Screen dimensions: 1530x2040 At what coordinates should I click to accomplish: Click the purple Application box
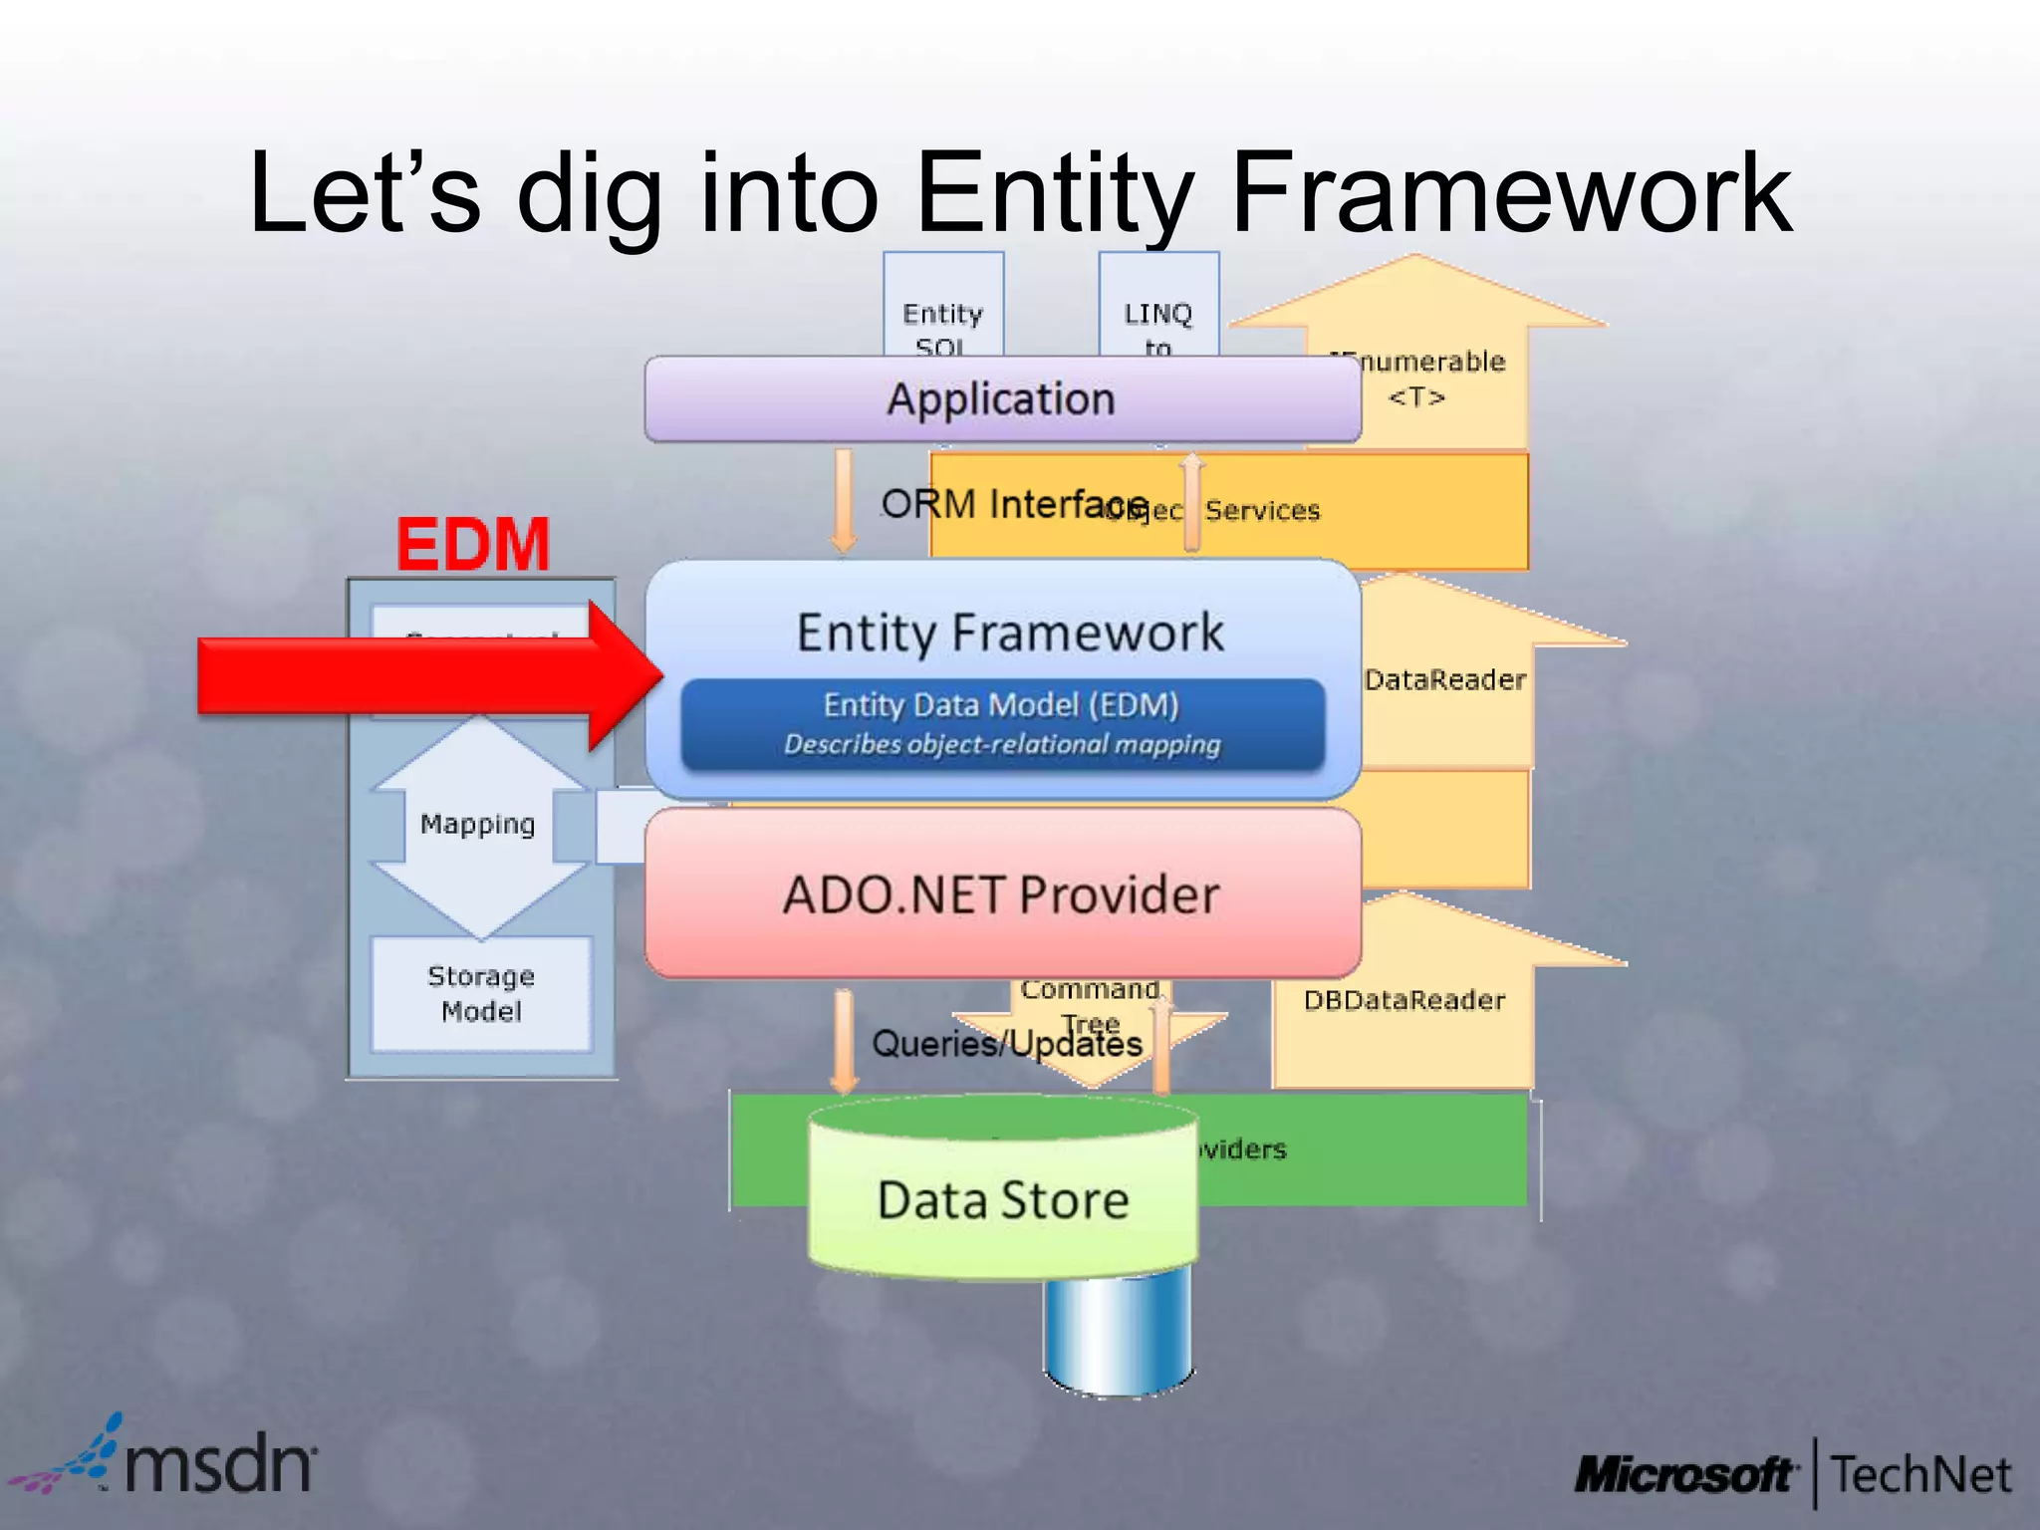(x=1001, y=399)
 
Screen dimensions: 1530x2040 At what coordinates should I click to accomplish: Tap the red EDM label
(x=473, y=544)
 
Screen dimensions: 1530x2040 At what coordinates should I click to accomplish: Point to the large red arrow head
(x=623, y=674)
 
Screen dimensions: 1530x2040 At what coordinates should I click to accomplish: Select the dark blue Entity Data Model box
(x=1002, y=724)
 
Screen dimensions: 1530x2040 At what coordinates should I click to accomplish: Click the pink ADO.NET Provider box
(x=1001, y=893)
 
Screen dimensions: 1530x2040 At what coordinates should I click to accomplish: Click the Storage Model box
(x=481, y=993)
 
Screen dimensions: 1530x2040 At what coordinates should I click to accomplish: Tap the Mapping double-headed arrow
(x=478, y=825)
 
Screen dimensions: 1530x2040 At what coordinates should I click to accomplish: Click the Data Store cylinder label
(x=1003, y=1199)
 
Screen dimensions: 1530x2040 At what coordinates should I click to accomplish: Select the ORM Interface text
(x=1014, y=504)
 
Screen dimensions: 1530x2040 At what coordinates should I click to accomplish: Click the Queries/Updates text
(x=1006, y=1043)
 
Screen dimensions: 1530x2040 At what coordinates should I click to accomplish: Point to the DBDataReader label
(x=1403, y=1000)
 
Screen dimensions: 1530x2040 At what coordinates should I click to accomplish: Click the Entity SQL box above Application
(x=942, y=314)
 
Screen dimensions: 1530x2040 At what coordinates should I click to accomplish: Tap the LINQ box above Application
(x=1157, y=314)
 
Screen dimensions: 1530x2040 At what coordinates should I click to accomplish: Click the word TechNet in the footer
(x=1920, y=1474)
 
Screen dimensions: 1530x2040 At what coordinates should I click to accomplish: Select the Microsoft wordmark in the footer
(x=1684, y=1474)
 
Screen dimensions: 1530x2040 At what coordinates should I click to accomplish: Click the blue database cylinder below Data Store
(x=1118, y=1335)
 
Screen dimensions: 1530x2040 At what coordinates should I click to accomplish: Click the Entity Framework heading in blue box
(x=1009, y=634)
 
